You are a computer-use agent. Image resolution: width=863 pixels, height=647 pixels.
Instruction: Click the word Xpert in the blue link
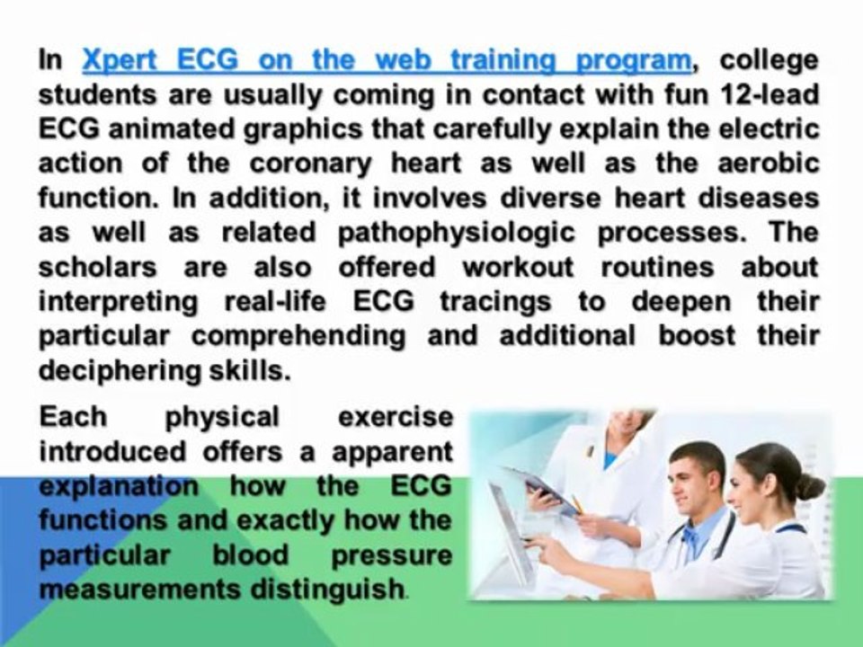[120, 60]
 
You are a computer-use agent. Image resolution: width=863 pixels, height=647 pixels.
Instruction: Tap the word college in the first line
[769, 61]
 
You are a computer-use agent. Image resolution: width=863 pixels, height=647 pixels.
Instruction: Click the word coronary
[310, 164]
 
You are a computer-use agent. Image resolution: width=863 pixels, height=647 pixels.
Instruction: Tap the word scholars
[97, 267]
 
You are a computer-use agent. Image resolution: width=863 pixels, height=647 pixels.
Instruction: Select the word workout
[518, 267]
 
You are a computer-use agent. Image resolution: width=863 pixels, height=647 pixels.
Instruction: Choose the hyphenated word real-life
[275, 301]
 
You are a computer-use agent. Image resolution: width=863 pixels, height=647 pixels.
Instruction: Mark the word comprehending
[298, 336]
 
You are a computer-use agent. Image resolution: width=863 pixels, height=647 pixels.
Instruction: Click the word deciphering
[120, 371]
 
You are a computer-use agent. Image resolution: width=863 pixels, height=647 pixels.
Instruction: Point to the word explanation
[119, 486]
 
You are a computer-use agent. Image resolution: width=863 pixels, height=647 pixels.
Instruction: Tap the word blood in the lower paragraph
[251, 554]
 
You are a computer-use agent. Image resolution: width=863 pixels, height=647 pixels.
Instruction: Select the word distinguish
[327, 589]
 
